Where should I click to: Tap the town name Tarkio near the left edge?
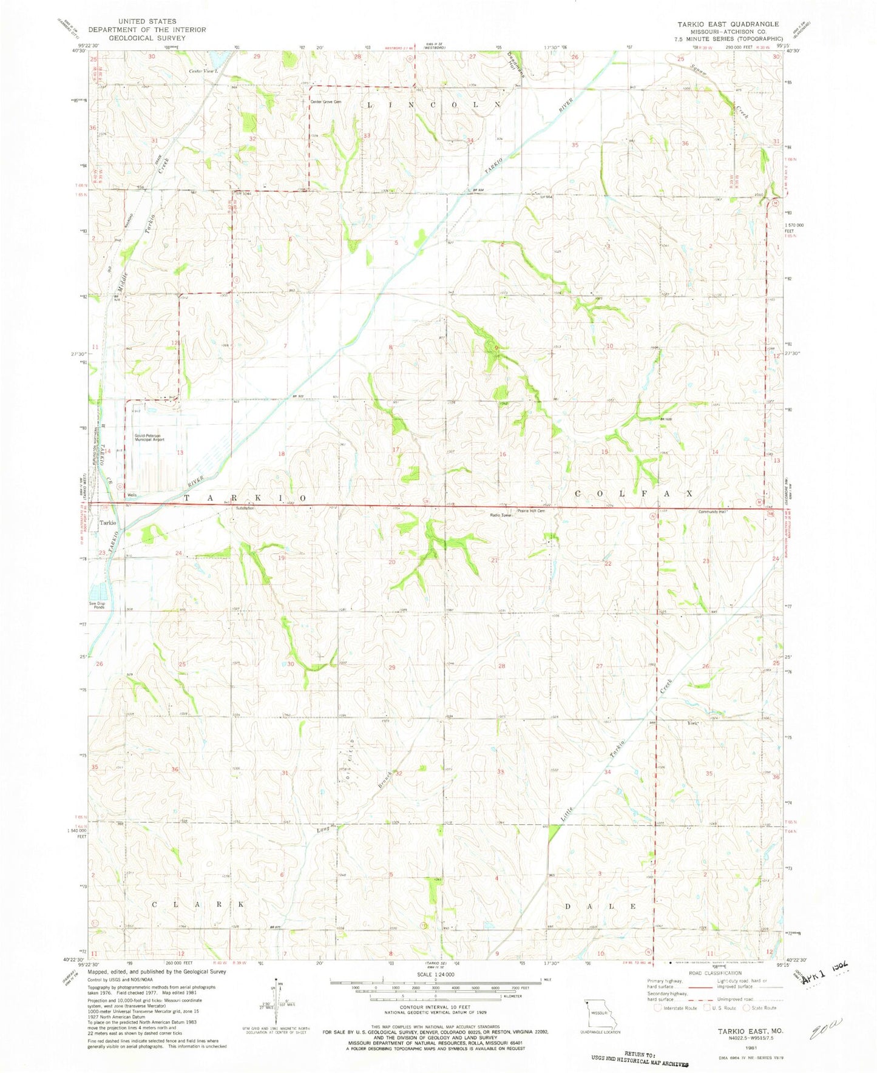[108, 523]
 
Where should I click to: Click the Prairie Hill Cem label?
[532, 510]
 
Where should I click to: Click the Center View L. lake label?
[202, 72]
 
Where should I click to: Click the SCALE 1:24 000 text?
[435, 974]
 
